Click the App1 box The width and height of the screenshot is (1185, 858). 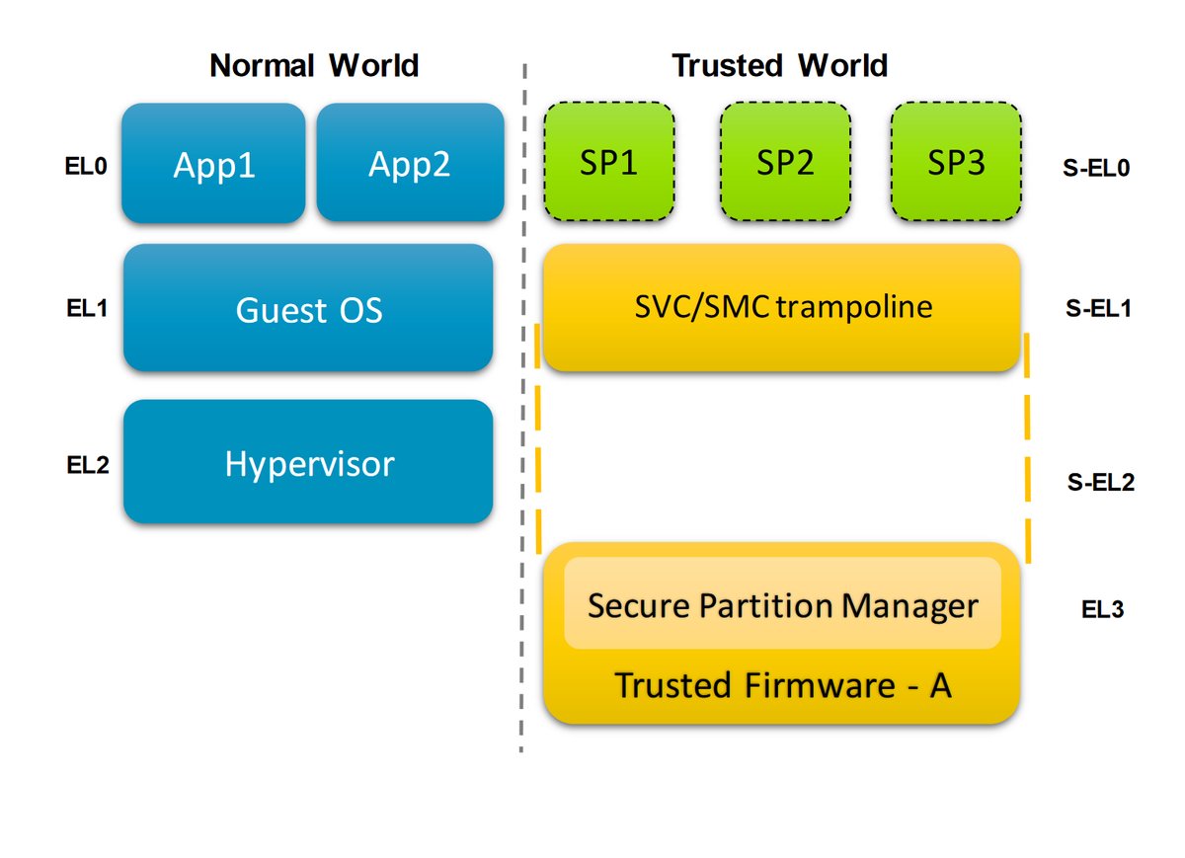[x=213, y=163]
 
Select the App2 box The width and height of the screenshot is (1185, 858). [x=410, y=162]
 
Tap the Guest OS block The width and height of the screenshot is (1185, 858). [x=308, y=307]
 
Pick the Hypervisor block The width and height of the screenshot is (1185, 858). [x=308, y=462]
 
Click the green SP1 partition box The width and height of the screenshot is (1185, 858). [x=609, y=161]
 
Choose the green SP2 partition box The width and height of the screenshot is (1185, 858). [x=785, y=161]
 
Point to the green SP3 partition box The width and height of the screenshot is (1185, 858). [x=956, y=161]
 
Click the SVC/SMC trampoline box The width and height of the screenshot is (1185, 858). [x=781, y=307]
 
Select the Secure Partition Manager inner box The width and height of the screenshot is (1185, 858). [x=782, y=603]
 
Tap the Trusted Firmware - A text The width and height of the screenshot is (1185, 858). [x=783, y=685]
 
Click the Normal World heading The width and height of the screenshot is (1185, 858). [x=314, y=65]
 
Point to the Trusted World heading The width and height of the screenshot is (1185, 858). [x=780, y=65]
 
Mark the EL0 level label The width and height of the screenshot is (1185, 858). [x=86, y=166]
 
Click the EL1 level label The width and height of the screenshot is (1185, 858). [x=87, y=308]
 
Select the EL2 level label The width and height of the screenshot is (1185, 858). [x=88, y=465]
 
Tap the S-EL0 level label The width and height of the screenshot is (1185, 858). [x=1096, y=168]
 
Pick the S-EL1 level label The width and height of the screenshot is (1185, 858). [x=1098, y=308]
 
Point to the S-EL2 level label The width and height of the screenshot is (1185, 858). [x=1101, y=482]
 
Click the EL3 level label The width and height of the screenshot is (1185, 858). [x=1102, y=609]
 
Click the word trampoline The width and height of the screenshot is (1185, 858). [x=854, y=308]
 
